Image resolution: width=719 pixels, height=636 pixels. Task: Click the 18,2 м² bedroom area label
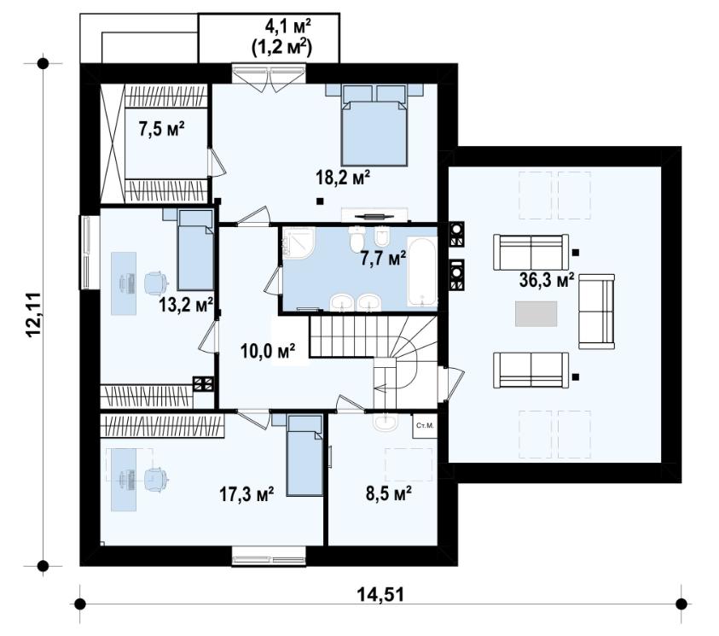(343, 177)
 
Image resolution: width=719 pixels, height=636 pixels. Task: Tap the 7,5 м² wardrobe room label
(161, 130)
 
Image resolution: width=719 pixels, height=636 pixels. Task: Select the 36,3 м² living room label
(547, 279)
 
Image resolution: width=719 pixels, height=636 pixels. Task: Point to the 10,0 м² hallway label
(267, 351)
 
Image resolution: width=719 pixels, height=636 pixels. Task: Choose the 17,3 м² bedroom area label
(246, 494)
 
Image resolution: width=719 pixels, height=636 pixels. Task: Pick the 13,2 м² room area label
(186, 304)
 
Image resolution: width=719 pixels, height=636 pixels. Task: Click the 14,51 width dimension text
(380, 595)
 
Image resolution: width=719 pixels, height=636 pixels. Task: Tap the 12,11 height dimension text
(34, 315)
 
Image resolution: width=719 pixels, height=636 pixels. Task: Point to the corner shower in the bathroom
(299, 244)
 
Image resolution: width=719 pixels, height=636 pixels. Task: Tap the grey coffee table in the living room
(536, 314)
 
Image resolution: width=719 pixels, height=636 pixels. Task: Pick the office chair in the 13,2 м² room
(154, 282)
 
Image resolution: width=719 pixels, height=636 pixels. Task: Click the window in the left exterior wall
(90, 253)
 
